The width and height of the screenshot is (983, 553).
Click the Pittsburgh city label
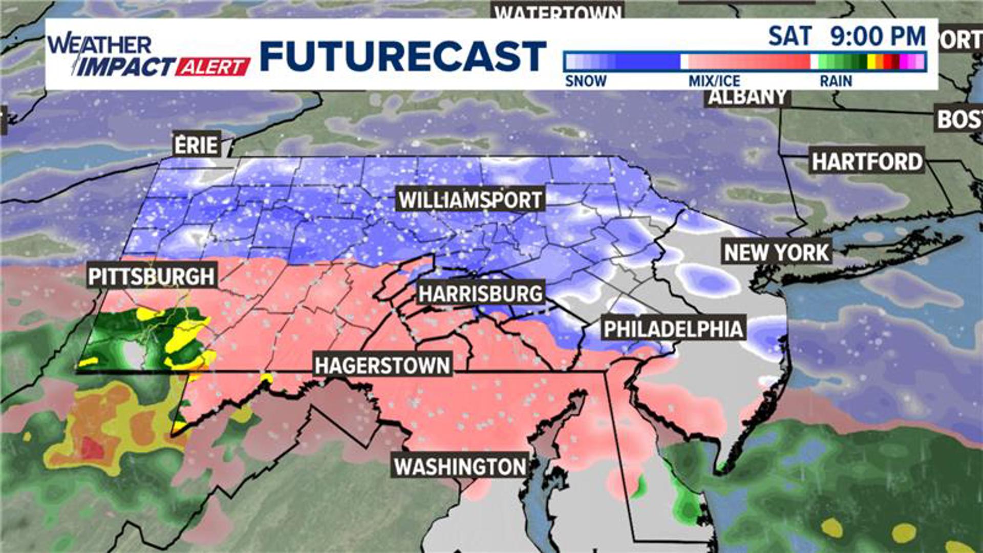point(152,276)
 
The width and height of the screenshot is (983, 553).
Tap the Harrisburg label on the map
point(480,294)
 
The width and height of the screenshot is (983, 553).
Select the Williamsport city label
point(470,200)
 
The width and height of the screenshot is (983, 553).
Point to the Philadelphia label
point(673,329)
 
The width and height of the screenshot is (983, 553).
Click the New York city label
point(776,252)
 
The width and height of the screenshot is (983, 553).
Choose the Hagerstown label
point(382,366)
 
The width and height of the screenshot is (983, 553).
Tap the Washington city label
point(460,466)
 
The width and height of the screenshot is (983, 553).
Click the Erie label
point(197,145)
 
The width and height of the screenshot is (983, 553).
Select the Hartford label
point(867,162)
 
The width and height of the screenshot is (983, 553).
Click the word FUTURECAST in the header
point(403,56)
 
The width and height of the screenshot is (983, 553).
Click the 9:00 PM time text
point(878,36)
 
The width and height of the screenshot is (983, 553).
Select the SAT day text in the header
point(790,36)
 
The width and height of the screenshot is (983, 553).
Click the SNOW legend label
point(586,81)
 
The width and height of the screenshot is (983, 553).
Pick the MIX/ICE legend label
point(714,81)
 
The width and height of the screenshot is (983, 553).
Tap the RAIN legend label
point(836,81)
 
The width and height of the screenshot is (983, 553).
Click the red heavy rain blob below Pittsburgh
point(93,449)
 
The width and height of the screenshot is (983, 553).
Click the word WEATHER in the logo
point(100,45)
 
